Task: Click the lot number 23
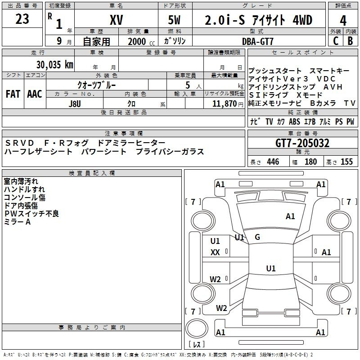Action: (22, 19)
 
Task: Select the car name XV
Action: (117, 20)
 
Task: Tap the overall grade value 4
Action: (343, 20)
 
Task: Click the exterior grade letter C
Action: (336, 41)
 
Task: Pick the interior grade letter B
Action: (350, 41)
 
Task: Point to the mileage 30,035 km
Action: (55, 65)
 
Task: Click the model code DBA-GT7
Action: (258, 41)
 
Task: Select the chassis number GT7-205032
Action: (302, 143)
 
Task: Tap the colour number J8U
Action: (75, 104)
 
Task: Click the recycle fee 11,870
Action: (224, 104)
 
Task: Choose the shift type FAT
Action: (13, 94)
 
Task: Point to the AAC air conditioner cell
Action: (35, 94)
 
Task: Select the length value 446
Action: (273, 162)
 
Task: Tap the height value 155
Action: (346, 162)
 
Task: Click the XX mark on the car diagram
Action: (215, 252)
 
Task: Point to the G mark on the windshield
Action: (257, 237)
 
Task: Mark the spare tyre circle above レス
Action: (197, 328)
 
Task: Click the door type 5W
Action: (174, 20)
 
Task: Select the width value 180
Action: (310, 162)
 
